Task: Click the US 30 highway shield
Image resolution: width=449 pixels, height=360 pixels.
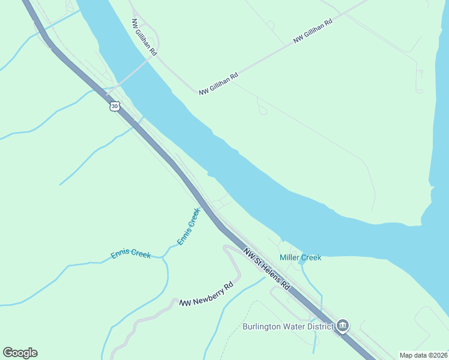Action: [x=115, y=106]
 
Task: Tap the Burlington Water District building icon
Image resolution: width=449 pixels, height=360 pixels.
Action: [x=343, y=326]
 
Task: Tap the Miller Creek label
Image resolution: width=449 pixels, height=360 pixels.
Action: [x=301, y=257]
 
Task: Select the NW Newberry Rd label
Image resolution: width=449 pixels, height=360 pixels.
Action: [x=206, y=295]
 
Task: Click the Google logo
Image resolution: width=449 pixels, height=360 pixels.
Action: [x=20, y=353]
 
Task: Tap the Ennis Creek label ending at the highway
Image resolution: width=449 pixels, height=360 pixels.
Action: [x=188, y=226]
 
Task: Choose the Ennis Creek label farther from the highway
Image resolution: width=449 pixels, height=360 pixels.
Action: [x=131, y=254]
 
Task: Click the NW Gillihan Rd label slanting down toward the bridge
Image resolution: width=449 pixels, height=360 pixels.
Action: [x=144, y=37]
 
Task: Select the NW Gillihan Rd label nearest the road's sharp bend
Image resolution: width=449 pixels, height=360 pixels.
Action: [x=219, y=83]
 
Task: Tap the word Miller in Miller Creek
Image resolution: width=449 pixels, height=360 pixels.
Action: [x=290, y=257]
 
